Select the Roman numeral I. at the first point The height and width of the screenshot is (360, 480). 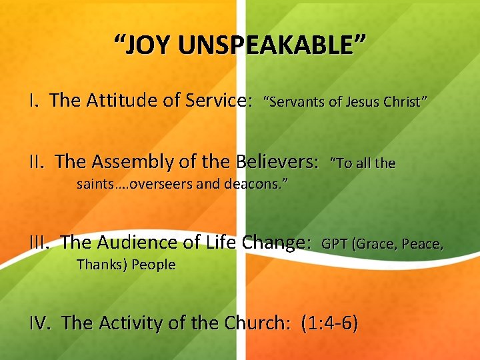point(35,101)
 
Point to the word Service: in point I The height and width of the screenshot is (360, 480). point(217,101)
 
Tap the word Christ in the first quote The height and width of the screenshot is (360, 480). point(404,102)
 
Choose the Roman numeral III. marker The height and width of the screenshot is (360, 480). point(41,243)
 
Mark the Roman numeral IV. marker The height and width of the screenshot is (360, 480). point(41,323)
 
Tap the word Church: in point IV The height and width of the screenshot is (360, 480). point(256,323)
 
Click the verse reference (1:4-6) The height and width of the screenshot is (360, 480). point(329,323)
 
